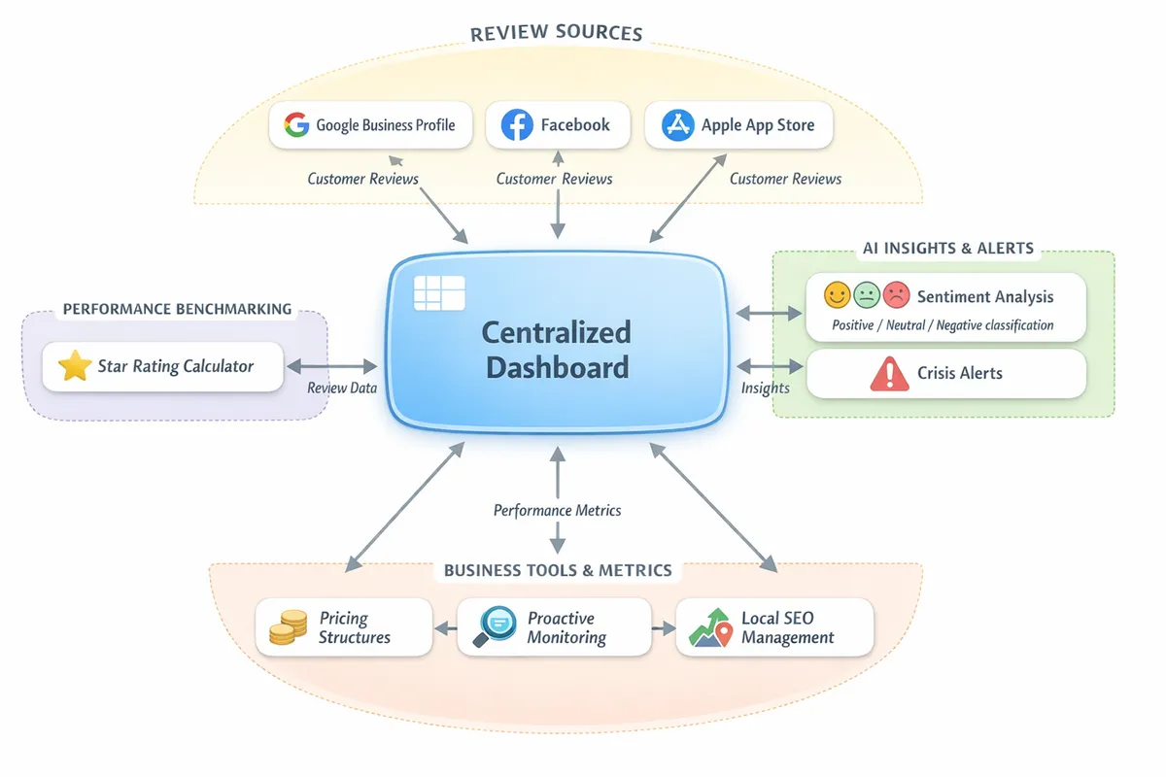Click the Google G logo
point(296,125)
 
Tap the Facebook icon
point(517,125)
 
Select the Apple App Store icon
point(677,125)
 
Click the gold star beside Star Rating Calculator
point(74,366)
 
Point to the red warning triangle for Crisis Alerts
point(889,374)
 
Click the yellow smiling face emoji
point(837,295)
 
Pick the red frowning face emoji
point(896,295)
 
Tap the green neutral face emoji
point(866,295)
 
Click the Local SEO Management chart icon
point(711,627)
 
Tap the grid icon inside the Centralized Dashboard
point(439,292)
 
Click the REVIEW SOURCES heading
point(556,34)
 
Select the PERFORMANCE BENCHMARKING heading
point(177,309)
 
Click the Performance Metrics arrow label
point(557,510)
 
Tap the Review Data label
point(341,388)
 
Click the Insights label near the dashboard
point(765,388)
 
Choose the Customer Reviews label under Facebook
point(554,179)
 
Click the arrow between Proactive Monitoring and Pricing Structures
point(445,628)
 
